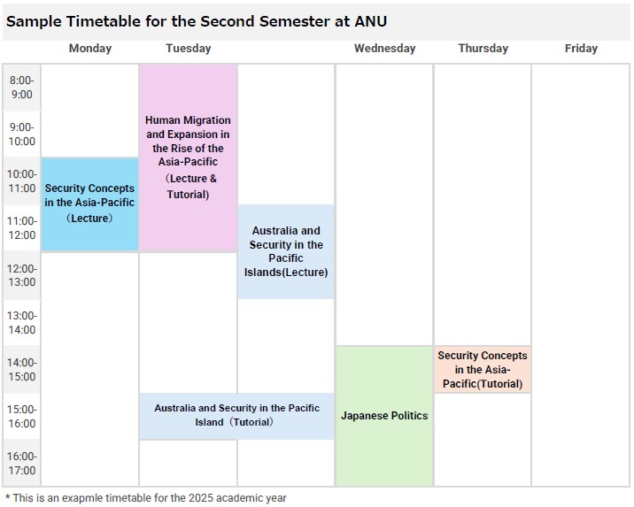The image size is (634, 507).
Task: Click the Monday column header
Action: (x=89, y=49)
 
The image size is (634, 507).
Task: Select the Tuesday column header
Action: (x=189, y=49)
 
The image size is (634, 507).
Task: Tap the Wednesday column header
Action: (x=385, y=49)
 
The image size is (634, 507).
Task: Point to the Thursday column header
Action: (x=483, y=49)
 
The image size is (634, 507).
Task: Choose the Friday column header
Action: (x=581, y=49)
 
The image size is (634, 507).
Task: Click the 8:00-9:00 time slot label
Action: (x=22, y=88)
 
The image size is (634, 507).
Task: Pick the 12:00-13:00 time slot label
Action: (x=22, y=275)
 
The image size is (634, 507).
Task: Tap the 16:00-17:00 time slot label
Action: (x=22, y=463)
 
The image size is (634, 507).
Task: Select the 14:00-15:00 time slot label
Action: (x=22, y=369)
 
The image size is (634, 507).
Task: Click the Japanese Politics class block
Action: (x=384, y=416)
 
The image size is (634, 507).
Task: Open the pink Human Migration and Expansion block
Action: (x=188, y=158)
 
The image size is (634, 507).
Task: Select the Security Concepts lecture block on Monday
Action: (x=89, y=204)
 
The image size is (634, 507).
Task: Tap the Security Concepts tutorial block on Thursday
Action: (x=483, y=369)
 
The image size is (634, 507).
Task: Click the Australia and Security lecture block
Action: (x=286, y=251)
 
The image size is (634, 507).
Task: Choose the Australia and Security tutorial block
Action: (x=237, y=416)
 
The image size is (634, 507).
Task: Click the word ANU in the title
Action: (x=371, y=21)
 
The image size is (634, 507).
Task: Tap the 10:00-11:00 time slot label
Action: (x=22, y=181)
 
